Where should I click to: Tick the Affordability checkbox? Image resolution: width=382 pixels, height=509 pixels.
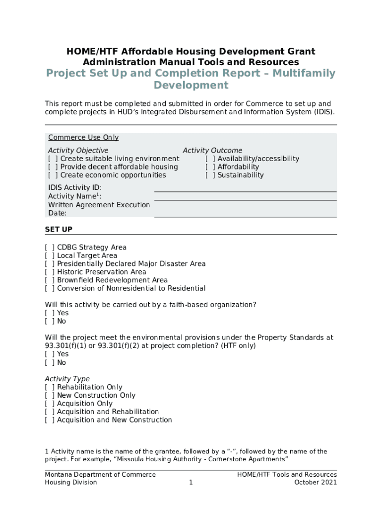pyautogui.click(x=210, y=167)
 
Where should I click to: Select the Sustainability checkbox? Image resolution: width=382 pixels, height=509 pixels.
pyautogui.click(x=210, y=175)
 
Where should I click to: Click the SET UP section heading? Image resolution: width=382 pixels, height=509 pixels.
pyautogui.click(x=59, y=229)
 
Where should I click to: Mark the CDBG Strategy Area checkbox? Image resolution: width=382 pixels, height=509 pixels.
pyautogui.click(x=50, y=247)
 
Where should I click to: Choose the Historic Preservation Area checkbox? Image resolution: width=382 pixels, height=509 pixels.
pyautogui.click(x=50, y=272)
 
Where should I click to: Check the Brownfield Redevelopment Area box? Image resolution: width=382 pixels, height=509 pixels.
pyautogui.click(x=50, y=280)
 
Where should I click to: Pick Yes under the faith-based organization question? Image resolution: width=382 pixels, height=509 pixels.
pyautogui.click(x=50, y=313)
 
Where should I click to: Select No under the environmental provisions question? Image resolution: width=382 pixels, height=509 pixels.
pyautogui.click(x=50, y=362)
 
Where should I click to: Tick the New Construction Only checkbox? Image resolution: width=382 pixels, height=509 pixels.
pyautogui.click(x=50, y=395)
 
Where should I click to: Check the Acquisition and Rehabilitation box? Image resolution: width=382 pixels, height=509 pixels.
pyautogui.click(x=50, y=412)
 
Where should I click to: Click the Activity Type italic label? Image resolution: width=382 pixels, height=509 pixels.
pyautogui.click(x=67, y=379)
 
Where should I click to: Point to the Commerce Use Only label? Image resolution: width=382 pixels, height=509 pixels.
pyautogui.click(x=83, y=138)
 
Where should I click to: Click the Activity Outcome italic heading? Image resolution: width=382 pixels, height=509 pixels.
pyautogui.click(x=212, y=150)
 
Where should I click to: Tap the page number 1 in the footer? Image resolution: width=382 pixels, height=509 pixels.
pyautogui.click(x=191, y=482)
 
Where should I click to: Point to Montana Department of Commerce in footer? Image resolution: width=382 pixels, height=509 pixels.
pyautogui.click(x=100, y=475)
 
